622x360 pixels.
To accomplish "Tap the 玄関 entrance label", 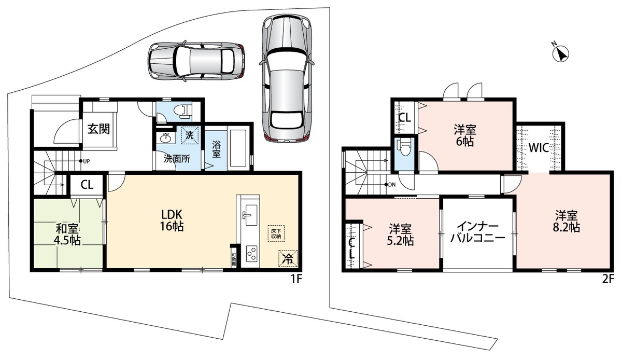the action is click(x=99, y=129).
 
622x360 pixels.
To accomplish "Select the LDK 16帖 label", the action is click(x=172, y=220).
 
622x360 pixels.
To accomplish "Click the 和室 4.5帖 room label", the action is click(x=68, y=234).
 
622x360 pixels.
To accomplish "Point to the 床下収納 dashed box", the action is click(x=276, y=233).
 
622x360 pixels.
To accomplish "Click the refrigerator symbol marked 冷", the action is click(x=288, y=259).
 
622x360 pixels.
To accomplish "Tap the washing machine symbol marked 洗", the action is click(x=190, y=135).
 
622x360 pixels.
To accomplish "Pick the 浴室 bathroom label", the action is click(x=216, y=149).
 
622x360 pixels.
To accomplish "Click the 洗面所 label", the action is click(x=177, y=159).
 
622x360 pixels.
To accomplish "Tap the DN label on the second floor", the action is click(x=392, y=185).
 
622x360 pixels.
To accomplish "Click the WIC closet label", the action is click(x=539, y=148).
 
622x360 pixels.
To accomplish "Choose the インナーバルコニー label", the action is click(x=477, y=232).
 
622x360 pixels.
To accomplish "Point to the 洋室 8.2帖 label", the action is click(x=567, y=221).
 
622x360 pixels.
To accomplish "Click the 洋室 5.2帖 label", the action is click(x=400, y=235).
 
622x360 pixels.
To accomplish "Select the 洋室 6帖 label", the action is click(x=465, y=136).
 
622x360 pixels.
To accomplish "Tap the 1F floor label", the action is click(x=296, y=279).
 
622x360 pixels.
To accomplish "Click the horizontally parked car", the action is click(x=196, y=61).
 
